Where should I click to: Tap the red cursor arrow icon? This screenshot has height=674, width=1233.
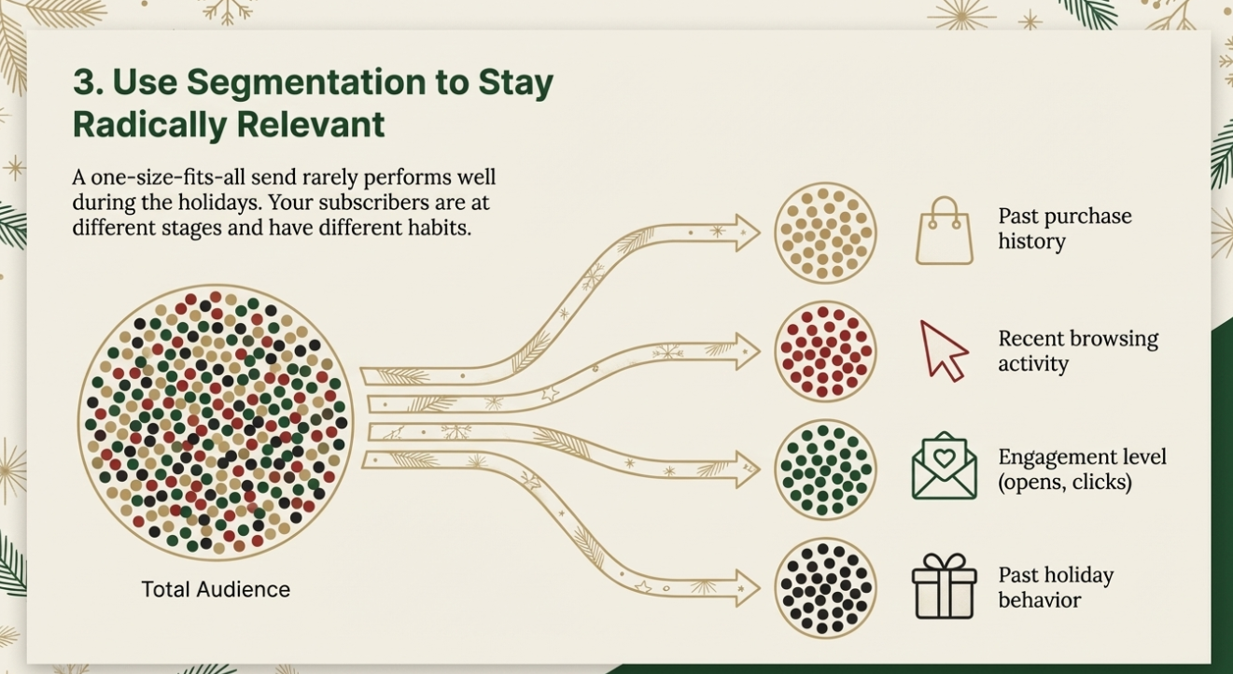point(944,350)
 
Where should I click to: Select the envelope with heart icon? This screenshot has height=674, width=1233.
point(944,466)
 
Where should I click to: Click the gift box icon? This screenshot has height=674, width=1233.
point(944,586)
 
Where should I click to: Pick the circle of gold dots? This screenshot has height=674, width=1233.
point(825,232)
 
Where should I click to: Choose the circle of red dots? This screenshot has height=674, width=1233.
point(825,351)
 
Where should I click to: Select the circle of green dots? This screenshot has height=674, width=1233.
point(825,469)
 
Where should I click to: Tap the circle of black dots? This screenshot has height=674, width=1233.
point(825,588)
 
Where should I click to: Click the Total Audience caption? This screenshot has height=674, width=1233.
point(216,590)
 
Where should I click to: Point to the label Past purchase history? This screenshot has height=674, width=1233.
point(1064,229)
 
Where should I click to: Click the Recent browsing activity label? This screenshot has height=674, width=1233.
point(1077,350)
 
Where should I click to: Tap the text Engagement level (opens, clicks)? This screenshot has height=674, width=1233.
point(1082,470)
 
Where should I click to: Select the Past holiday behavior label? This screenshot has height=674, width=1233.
point(1056,587)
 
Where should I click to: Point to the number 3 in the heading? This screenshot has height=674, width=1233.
point(83,83)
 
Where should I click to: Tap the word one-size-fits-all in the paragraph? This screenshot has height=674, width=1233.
point(157,177)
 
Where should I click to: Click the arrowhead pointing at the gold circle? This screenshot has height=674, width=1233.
point(747,232)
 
